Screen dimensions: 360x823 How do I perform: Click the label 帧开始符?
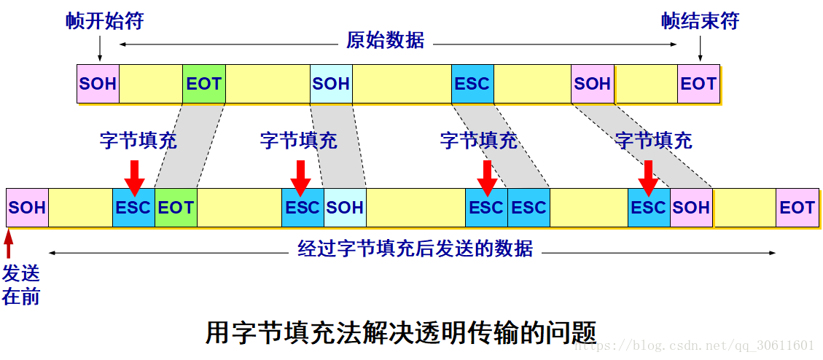104,21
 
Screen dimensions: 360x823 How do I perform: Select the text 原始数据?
385,40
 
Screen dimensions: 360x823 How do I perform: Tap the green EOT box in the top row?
203,84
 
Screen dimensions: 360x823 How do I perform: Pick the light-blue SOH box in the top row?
331,84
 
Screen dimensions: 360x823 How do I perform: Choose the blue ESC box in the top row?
472,84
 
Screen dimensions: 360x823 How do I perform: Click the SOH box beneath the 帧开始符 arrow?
98,84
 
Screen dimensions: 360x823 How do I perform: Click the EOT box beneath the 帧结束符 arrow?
698,84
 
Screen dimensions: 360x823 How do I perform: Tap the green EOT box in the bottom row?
176,208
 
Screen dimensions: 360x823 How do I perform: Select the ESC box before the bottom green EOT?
133,208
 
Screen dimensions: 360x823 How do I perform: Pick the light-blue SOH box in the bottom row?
345,208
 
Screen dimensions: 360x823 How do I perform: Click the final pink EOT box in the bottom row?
797,208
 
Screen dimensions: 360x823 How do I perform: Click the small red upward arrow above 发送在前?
9,244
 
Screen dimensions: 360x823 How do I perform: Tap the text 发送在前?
20,285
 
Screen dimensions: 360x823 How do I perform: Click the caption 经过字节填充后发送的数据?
416,249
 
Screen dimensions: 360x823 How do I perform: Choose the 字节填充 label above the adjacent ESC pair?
478,141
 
